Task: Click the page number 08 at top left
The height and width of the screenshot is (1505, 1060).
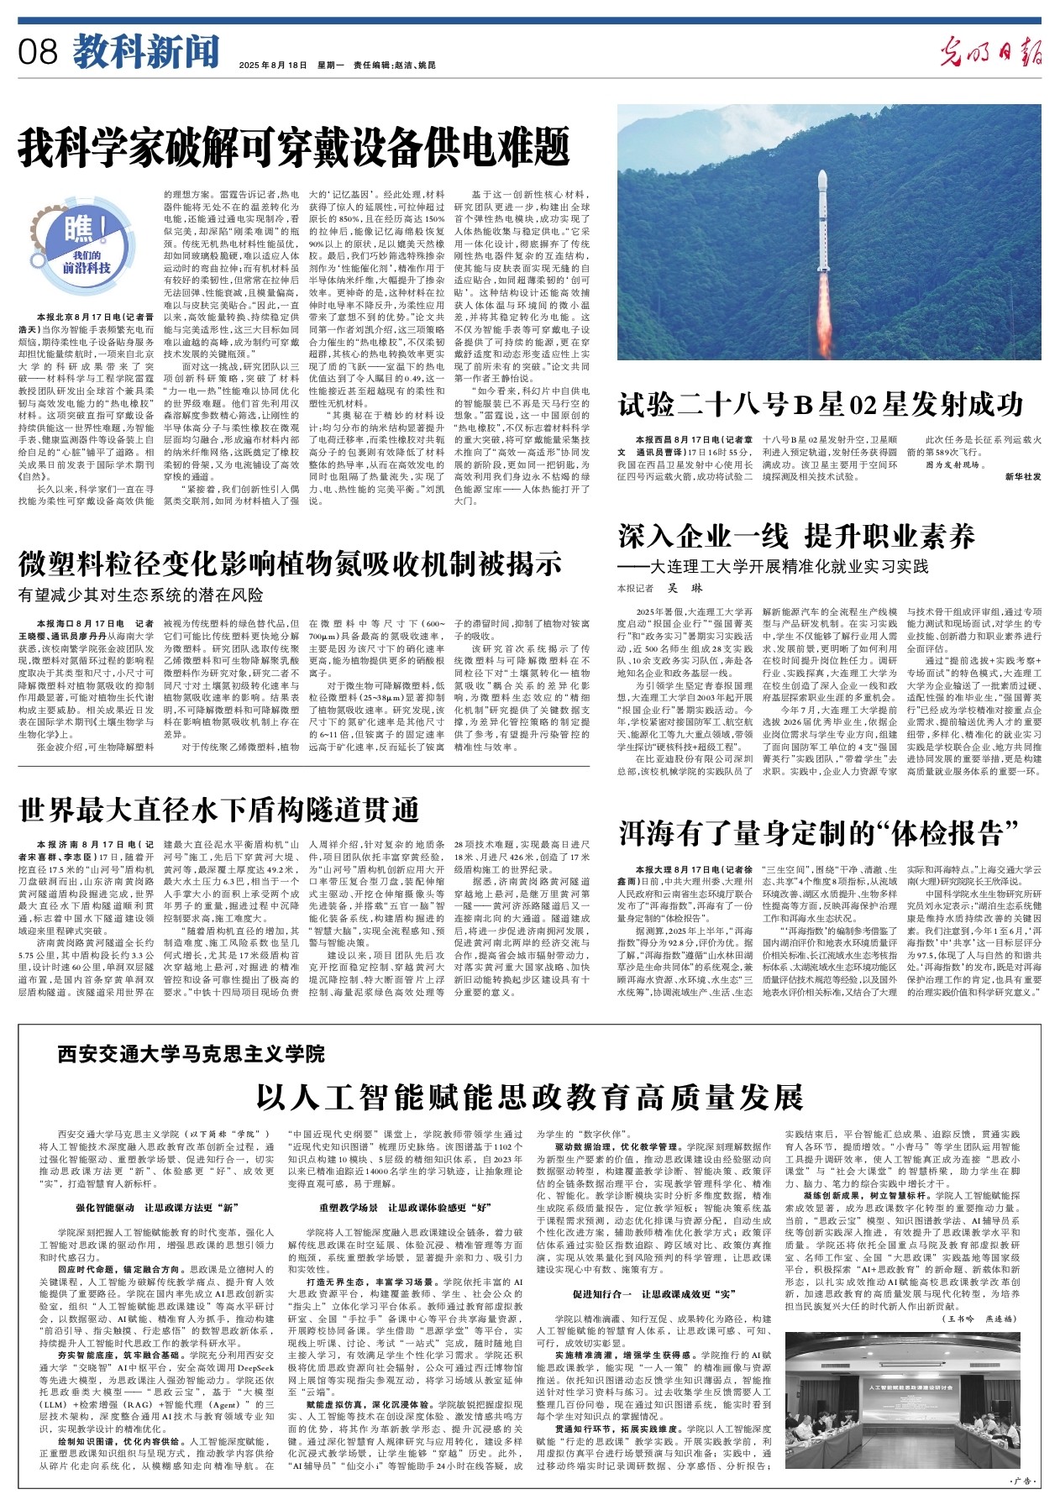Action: tap(38, 53)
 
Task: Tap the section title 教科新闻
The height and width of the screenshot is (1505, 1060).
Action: tap(144, 53)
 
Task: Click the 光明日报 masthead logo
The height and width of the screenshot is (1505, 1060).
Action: tap(990, 53)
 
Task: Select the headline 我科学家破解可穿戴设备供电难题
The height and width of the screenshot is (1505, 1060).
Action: tap(294, 148)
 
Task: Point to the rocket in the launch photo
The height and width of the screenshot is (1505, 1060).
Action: tap(825, 220)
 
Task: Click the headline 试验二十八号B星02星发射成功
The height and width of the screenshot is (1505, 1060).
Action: tap(821, 404)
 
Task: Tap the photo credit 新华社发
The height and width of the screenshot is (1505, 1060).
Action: tap(1022, 476)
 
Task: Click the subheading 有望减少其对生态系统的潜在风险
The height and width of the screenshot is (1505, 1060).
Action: tap(140, 595)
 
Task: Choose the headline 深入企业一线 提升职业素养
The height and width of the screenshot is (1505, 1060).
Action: tap(796, 535)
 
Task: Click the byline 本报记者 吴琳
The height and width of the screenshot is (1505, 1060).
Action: tap(659, 588)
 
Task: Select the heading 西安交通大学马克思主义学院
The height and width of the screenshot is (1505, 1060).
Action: tap(191, 1053)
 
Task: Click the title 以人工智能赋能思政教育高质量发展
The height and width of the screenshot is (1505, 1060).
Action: tap(529, 1097)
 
